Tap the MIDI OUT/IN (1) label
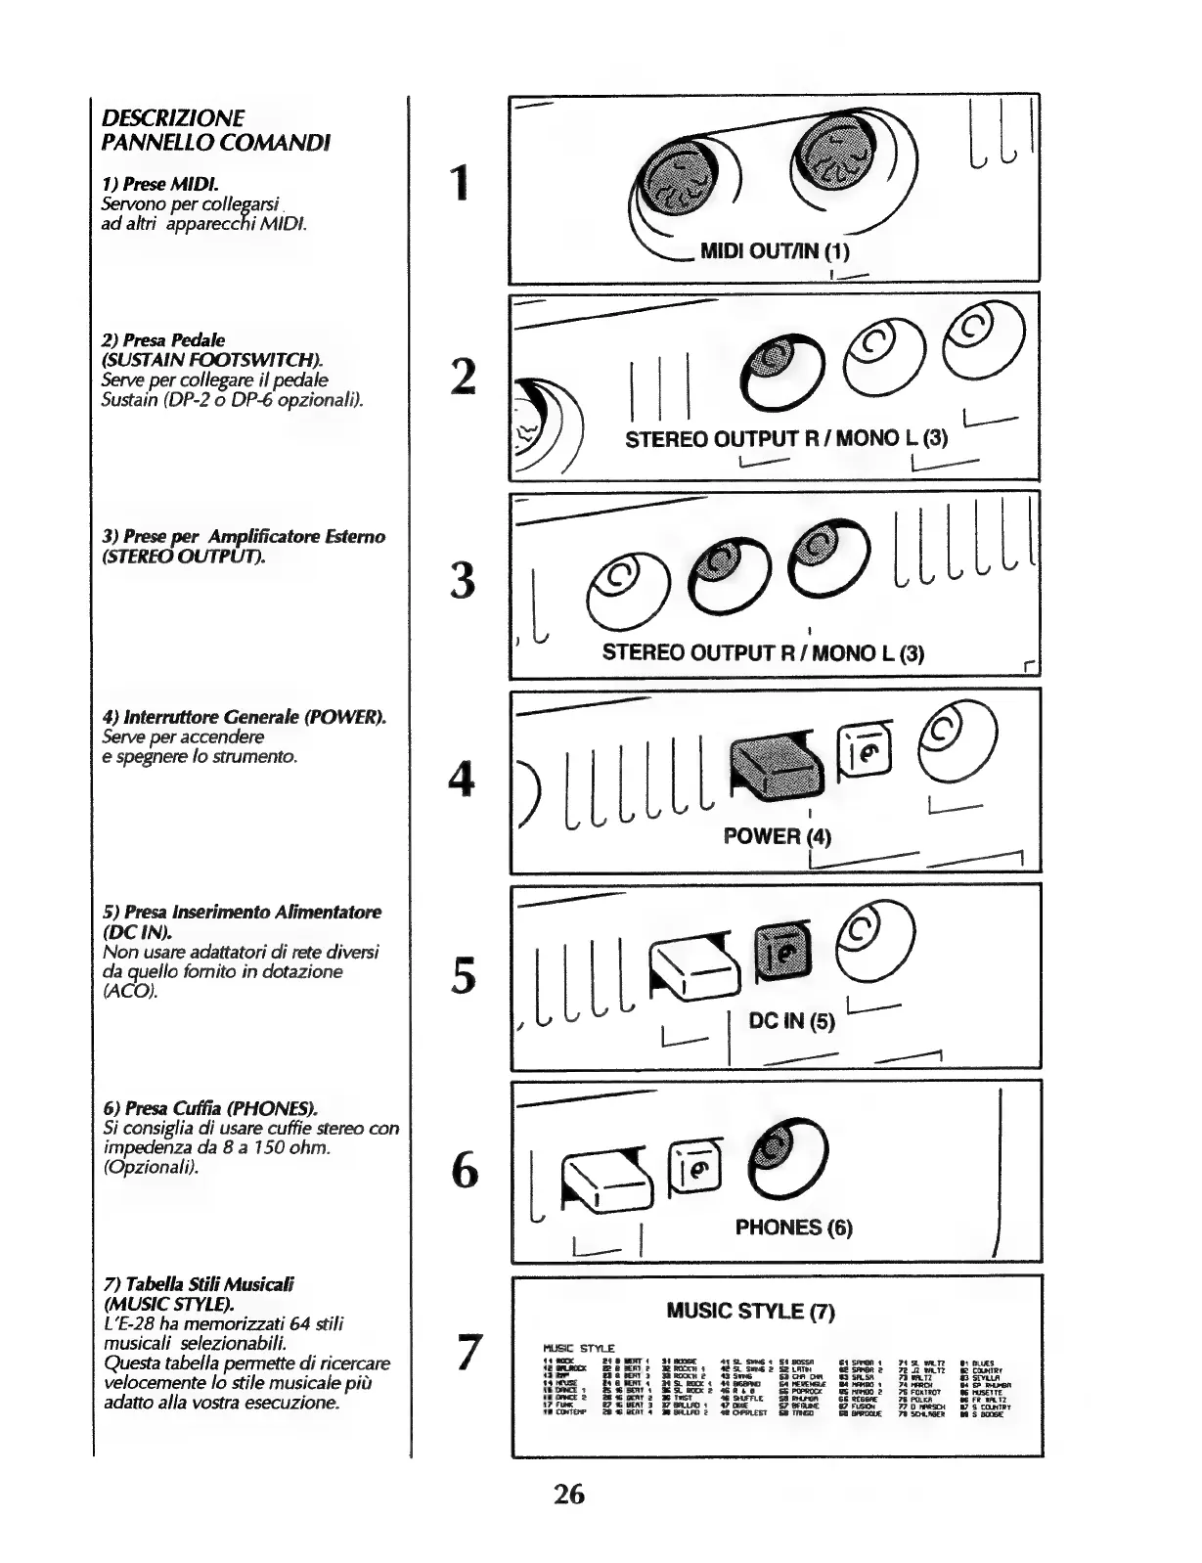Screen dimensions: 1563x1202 click(x=775, y=250)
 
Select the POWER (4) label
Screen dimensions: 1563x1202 click(x=777, y=835)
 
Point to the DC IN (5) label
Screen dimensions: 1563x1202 click(x=791, y=1021)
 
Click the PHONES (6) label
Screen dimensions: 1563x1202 click(x=793, y=1227)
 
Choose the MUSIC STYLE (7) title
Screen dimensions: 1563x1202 click(x=750, y=1311)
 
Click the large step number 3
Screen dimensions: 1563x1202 click(x=463, y=580)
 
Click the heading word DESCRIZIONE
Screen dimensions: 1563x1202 click(x=173, y=118)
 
